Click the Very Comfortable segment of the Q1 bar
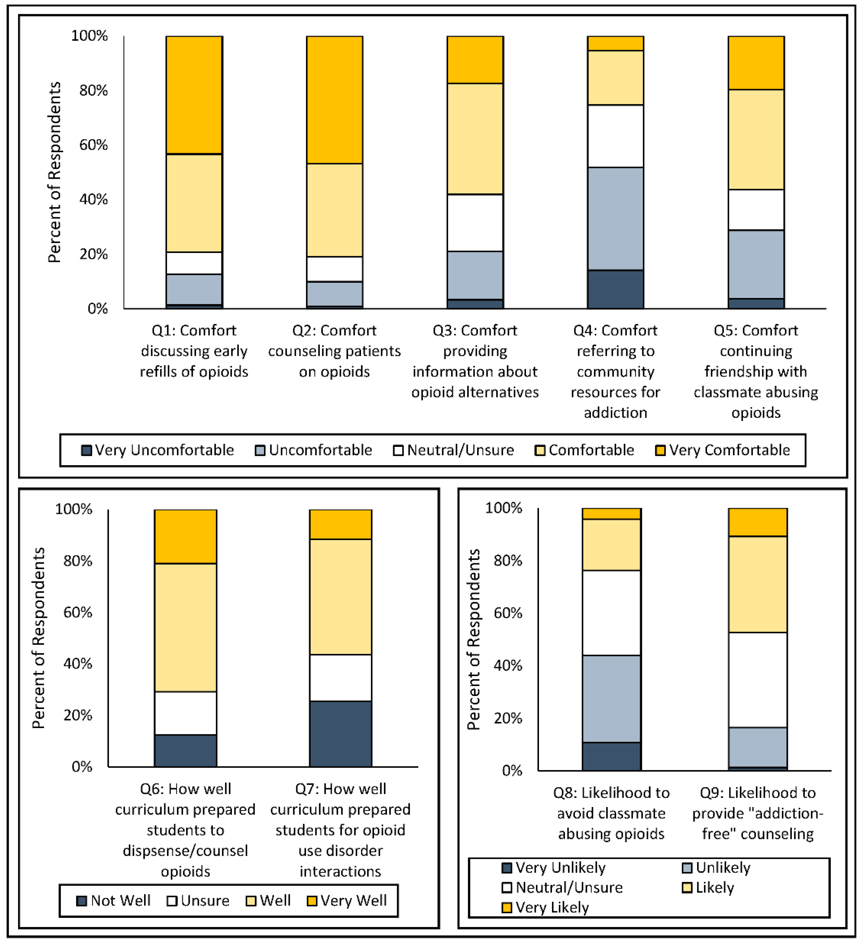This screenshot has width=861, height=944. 194,95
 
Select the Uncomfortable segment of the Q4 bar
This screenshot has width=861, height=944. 615,219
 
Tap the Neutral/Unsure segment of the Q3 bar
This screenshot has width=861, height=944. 475,223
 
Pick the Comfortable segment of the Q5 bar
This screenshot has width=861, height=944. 756,140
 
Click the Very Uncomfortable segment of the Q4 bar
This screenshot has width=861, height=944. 615,289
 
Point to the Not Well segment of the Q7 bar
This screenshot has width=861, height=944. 340,734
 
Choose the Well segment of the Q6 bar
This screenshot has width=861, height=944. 185,627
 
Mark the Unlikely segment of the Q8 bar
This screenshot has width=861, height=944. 612,699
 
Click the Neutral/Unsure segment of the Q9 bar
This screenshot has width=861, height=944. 758,680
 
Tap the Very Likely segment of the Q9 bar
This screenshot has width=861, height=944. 758,522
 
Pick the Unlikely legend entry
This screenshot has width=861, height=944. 716,868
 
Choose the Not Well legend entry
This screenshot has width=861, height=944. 114,901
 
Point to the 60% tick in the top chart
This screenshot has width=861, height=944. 93,145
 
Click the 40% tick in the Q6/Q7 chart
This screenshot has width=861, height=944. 78,664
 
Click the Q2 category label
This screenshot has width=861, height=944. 334,351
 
